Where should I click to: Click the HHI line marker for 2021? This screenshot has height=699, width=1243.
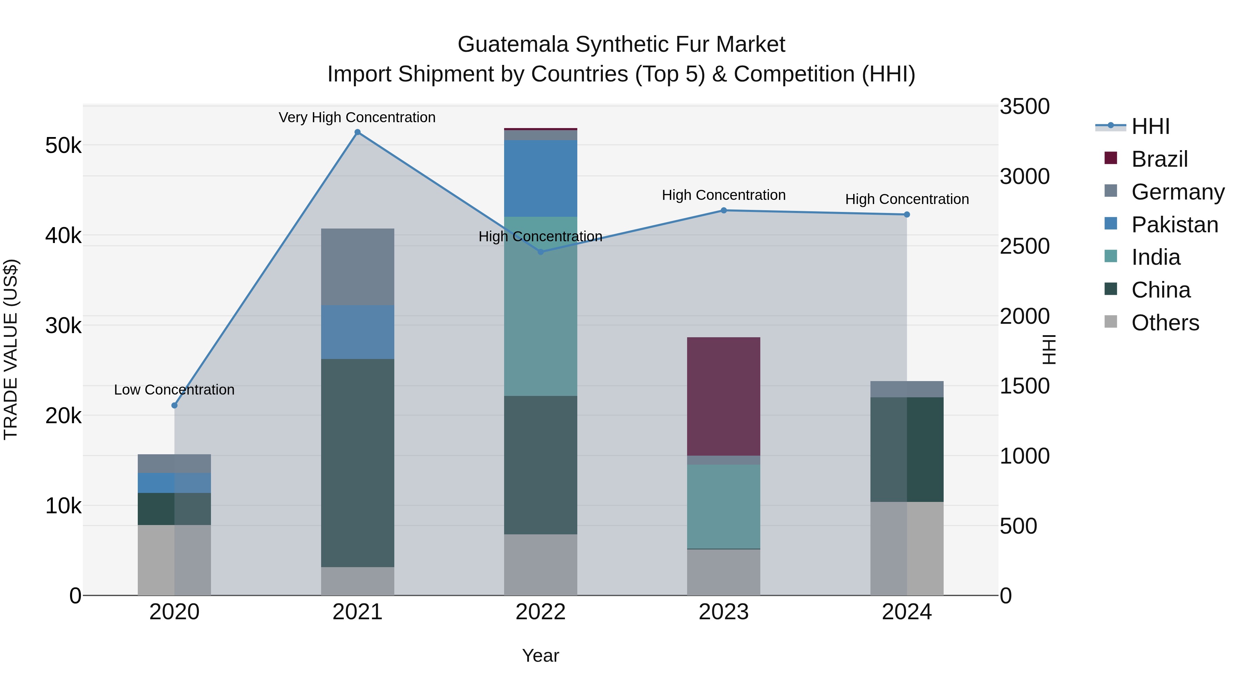pyautogui.click(x=358, y=132)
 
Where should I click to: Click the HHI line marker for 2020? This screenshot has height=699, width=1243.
pyautogui.click(x=175, y=405)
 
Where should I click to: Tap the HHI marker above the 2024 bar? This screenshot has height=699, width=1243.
pyautogui.click(x=907, y=215)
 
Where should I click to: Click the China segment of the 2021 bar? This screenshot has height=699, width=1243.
pyautogui.click(x=358, y=463)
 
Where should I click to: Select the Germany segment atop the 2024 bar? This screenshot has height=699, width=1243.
pyautogui.click(x=907, y=389)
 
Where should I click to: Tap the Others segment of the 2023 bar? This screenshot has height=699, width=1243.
pyautogui.click(x=723, y=572)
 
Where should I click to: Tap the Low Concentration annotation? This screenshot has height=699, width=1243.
pyautogui.click(x=174, y=390)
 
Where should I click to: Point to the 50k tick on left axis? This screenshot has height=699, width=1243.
pyautogui.click(x=63, y=146)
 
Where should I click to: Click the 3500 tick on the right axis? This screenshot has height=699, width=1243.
pyautogui.click(x=1024, y=107)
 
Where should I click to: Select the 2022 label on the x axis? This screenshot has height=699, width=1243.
pyautogui.click(x=540, y=612)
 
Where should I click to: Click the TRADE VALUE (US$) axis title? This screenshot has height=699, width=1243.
pyautogui.click(x=11, y=350)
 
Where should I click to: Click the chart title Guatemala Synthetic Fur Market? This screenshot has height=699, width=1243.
pyautogui.click(x=621, y=45)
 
